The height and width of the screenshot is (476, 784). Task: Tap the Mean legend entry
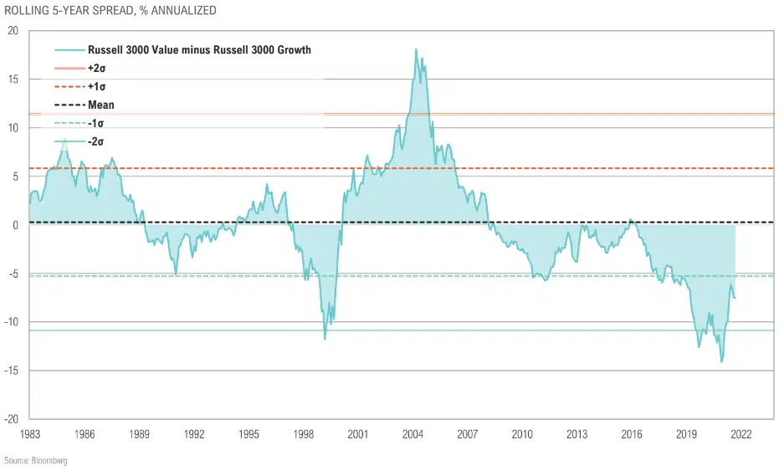[x=101, y=105]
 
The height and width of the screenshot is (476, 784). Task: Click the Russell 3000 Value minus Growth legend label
[x=199, y=50]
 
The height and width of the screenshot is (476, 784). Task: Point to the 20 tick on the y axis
[x=13, y=31]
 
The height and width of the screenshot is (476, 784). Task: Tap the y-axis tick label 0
[x=15, y=225]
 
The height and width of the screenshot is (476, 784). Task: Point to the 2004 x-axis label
[x=412, y=435]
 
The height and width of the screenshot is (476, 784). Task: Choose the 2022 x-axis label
[x=740, y=435]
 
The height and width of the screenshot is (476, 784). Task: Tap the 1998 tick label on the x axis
[x=303, y=435]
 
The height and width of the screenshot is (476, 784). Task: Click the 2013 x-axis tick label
[x=576, y=435]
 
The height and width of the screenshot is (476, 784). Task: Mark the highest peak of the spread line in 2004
[x=416, y=49]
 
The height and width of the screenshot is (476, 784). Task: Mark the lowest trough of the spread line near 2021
[x=721, y=362]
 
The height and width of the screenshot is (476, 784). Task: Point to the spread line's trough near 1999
[x=325, y=339]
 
